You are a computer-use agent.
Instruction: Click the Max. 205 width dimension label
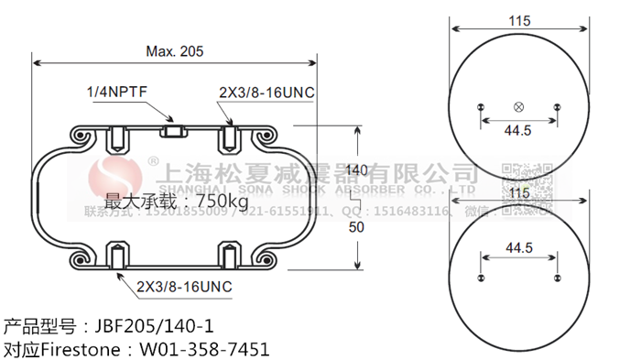coord(175,51)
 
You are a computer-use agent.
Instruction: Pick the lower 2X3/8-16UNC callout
coord(184,287)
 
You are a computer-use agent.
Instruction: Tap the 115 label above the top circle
coord(518,19)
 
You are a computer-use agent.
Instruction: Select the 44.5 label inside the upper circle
coord(518,130)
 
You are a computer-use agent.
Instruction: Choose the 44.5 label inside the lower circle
coord(518,247)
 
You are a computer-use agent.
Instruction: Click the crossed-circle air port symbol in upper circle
coord(518,107)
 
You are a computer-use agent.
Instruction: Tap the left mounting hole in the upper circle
coord(481,107)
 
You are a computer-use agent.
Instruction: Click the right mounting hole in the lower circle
coord(557,276)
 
